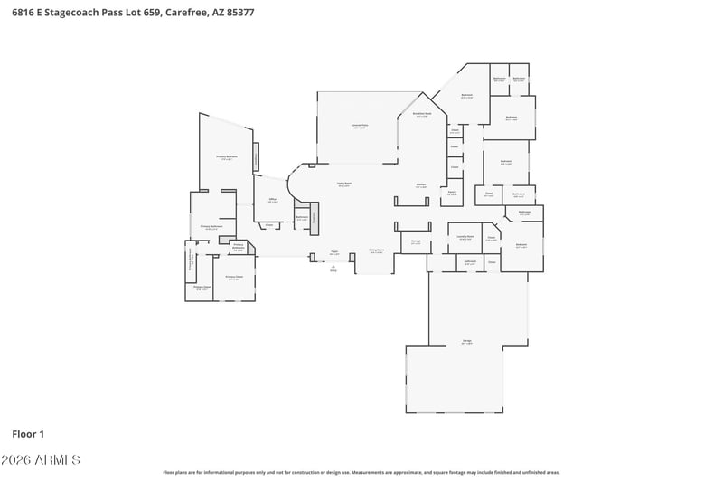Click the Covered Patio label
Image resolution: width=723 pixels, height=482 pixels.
[359, 127]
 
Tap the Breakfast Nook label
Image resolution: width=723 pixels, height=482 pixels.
[422, 115]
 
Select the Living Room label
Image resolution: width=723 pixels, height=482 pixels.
[344, 184]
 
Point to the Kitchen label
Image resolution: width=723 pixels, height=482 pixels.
[421, 185]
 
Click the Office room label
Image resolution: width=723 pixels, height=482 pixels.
[271, 201]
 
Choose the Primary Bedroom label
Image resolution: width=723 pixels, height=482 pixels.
[226, 158]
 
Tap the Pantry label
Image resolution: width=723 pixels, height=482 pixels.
[452, 193]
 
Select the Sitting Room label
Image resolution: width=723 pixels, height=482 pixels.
[376, 250]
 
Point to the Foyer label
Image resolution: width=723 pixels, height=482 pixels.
[333, 252]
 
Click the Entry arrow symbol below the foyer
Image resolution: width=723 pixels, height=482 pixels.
[333, 267]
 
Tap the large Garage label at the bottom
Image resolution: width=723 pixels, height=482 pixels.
[467, 341]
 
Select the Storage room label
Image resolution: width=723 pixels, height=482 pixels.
[416, 241]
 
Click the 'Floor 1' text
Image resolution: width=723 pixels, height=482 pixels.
[28, 434]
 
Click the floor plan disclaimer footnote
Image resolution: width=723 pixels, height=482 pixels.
[361, 472]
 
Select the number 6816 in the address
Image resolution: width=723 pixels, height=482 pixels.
[25, 11]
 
